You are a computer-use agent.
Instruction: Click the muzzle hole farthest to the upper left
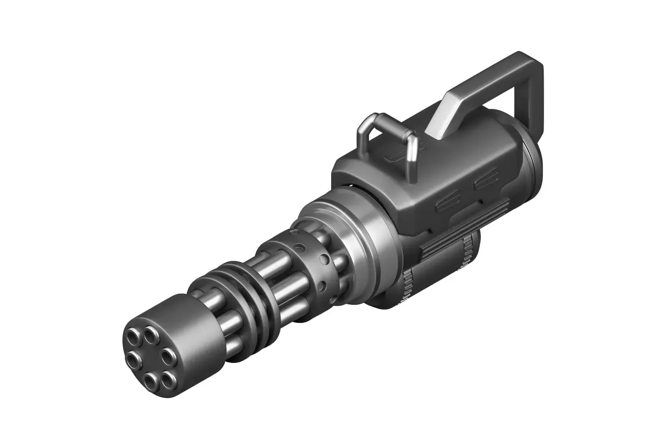(x=134, y=335)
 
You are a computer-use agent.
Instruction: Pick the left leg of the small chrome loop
(x=363, y=137)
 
